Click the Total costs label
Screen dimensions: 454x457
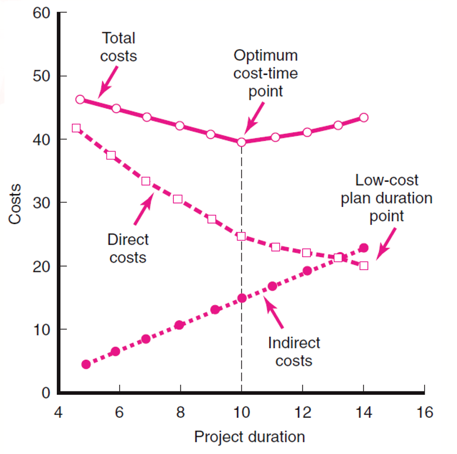[118, 47]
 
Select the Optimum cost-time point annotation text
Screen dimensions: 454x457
[266, 73]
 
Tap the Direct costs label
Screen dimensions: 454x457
[128, 248]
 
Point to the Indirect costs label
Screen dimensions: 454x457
[294, 351]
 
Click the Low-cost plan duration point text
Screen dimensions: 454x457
[386, 198]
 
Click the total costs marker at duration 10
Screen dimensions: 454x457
[241, 142]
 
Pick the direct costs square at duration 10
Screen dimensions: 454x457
[241, 236]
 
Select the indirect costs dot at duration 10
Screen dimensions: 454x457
[242, 298]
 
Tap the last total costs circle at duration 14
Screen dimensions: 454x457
[363, 117]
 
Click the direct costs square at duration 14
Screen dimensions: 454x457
[363, 265]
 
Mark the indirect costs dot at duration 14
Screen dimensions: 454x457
[363, 248]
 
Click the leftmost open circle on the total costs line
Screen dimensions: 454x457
[80, 99]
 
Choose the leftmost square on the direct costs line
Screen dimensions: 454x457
[76, 128]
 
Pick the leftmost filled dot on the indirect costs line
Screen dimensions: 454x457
[86, 364]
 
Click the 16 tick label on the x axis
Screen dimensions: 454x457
[424, 413]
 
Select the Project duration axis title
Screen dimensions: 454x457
[249, 437]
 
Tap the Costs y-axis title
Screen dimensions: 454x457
[15, 204]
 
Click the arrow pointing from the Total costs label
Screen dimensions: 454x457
[108, 81]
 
